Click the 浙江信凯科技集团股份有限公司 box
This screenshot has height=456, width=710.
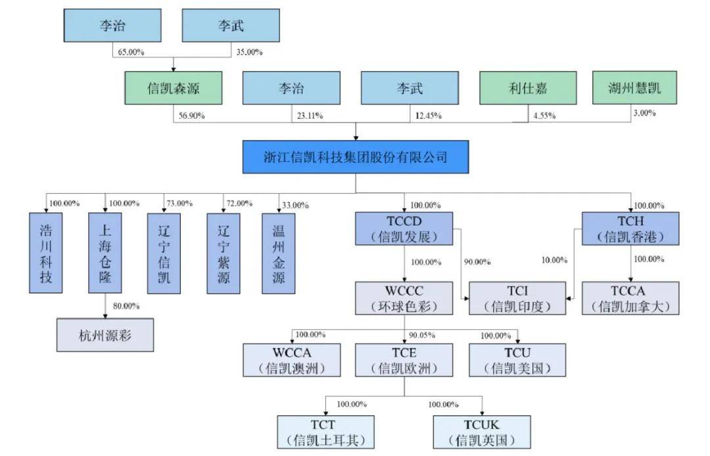[x=356, y=157]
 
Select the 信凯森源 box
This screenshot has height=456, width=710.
[x=173, y=87]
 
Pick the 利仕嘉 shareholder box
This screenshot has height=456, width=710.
[x=528, y=87]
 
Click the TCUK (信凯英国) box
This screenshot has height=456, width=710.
[x=482, y=432]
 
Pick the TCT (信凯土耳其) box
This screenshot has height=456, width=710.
[x=326, y=432]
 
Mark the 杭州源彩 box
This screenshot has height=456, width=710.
[x=105, y=335]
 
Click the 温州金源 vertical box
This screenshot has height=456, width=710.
[x=278, y=253]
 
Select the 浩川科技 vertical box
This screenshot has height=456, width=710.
[x=46, y=253]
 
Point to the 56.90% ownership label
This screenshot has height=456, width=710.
[x=191, y=116]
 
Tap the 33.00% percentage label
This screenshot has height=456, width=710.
[x=295, y=205]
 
